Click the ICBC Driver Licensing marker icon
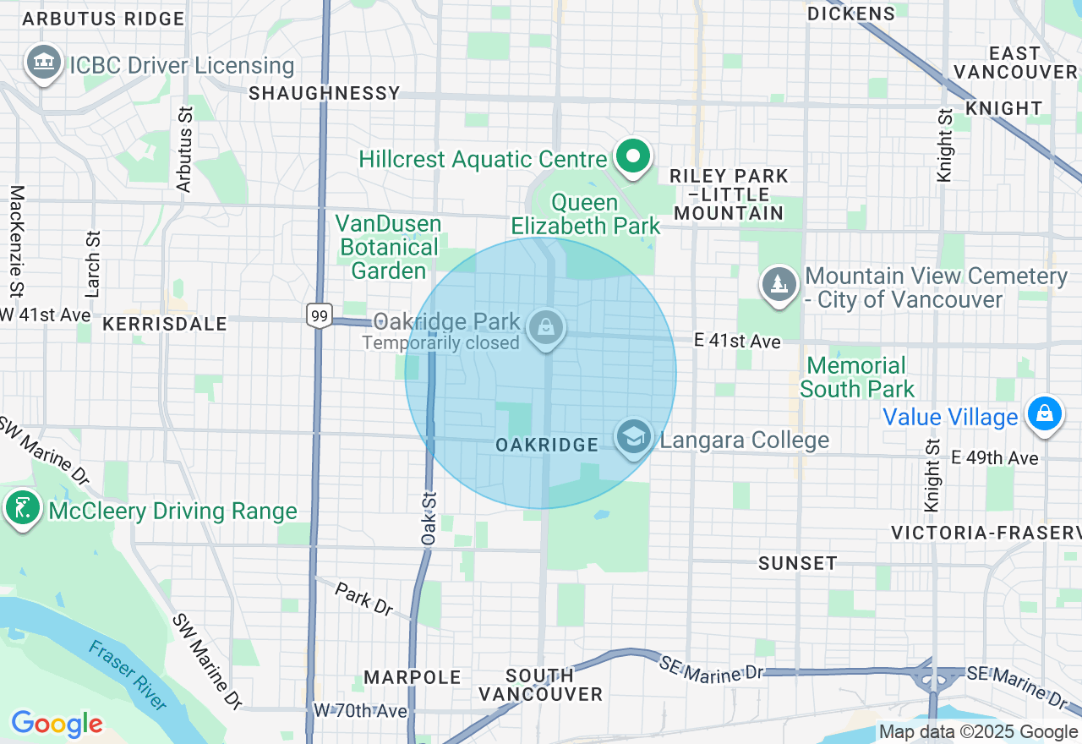(x=44, y=63)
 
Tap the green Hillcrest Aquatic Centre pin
(x=632, y=156)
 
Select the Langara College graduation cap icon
(x=633, y=437)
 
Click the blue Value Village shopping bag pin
(x=1045, y=414)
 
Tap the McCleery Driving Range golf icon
(x=22, y=508)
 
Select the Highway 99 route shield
(x=320, y=315)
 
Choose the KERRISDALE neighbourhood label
(x=165, y=324)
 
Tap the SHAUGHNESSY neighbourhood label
(x=325, y=93)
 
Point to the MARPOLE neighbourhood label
(x=413, y=677)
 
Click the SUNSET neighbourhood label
(x=797, y=563)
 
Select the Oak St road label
(x=429, y=518)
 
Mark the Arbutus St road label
(x=184, y=148)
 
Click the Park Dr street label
(x=364, y=598)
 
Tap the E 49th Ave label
(x=994, y=457)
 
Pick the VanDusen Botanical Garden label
(x=389, y=247)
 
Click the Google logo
(x=57, y=724)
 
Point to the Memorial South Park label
(x=856, y=377)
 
